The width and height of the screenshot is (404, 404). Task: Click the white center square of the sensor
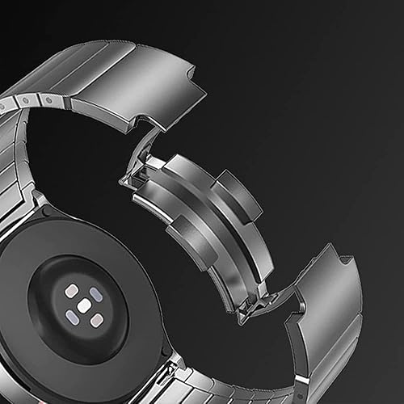click(x=83, y=305)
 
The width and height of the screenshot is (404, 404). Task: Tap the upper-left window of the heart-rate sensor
click(x=71, y=290)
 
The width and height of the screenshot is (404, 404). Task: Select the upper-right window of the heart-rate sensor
click(x=96, y=294)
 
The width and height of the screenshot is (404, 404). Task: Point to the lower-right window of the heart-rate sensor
click(x=96, y=320)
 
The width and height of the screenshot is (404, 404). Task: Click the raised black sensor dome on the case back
click(x=81, y=305)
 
